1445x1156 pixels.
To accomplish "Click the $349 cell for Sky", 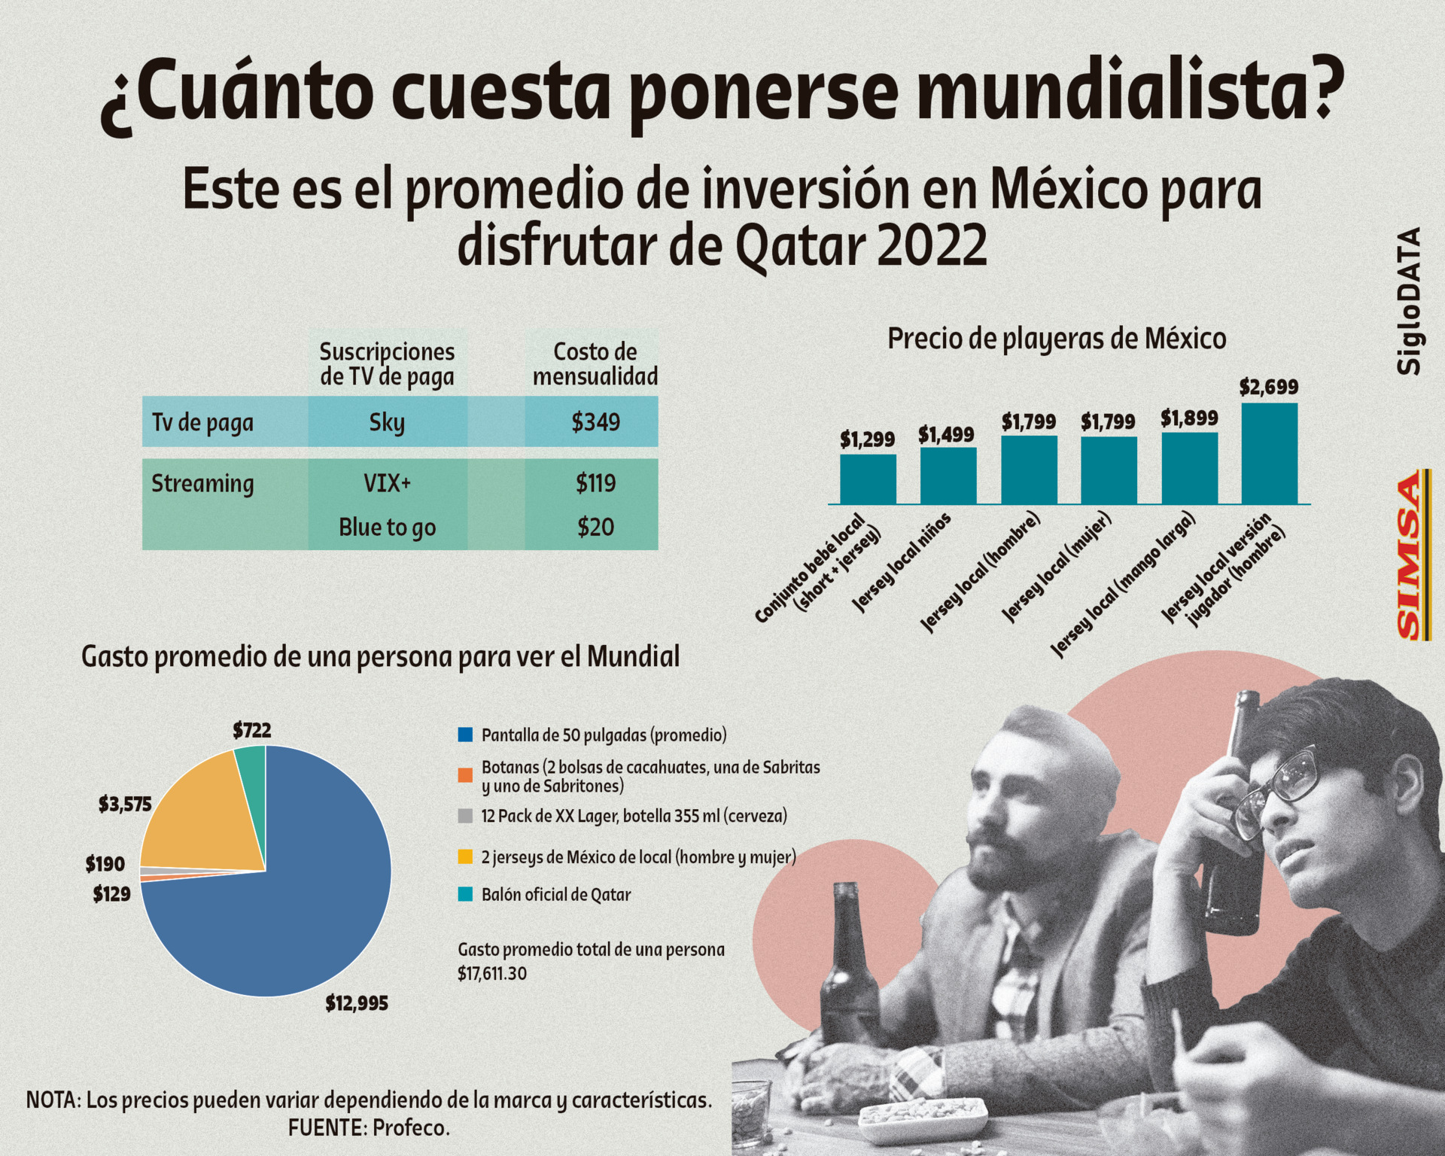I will click(595, 422).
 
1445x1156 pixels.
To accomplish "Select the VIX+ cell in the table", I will click(387, 482).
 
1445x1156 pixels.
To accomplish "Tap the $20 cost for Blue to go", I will click(595, 527).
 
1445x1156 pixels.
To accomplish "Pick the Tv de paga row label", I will click(202, 422).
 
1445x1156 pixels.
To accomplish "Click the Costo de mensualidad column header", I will click(595, 364).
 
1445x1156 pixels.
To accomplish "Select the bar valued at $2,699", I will click(1269, 454).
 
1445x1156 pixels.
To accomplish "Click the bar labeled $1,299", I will click(868, 479).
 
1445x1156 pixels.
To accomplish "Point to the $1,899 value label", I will click(1189, 418).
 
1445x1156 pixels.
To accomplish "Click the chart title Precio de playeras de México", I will click(1057, 339).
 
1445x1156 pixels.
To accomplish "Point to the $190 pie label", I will click(105, 863).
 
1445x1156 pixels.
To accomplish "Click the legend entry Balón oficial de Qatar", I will click(555, 895).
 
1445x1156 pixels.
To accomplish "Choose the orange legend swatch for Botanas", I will click(466, 775).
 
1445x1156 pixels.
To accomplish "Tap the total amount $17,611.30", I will click(492, 974).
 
